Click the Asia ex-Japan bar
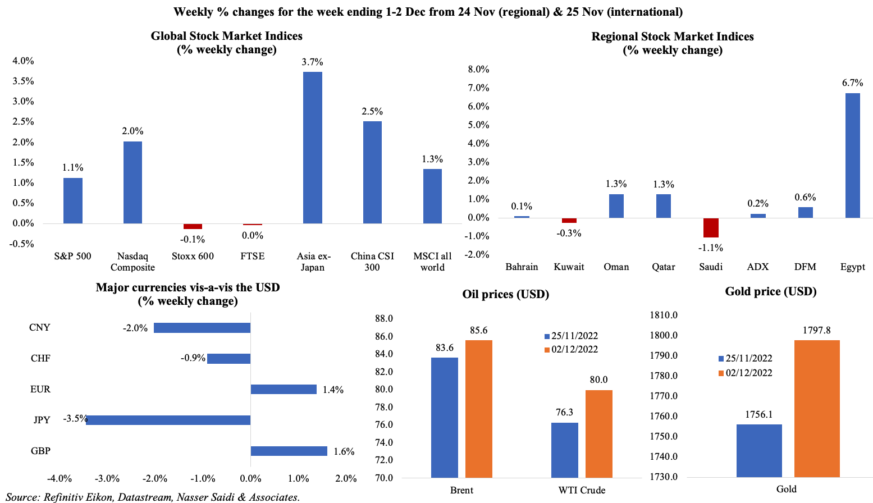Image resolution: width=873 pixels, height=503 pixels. (312, 148)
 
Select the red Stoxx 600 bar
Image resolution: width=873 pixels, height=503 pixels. (193, 226)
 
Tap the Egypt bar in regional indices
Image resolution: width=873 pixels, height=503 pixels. (852, 155)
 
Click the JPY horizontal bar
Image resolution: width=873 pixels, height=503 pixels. (168, 420)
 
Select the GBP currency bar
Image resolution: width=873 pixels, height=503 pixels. (289, 451)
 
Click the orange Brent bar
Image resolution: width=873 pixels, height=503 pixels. (478, 409)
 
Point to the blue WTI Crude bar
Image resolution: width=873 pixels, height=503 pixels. (564, 450)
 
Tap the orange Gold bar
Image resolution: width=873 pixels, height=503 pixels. (817, 408)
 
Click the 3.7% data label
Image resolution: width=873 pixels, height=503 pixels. (312, 62)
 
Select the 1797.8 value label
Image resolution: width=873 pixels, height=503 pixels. (817, 330)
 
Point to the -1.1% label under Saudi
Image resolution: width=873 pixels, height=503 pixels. (710, 248)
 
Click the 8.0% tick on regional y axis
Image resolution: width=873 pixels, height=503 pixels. (478, 70)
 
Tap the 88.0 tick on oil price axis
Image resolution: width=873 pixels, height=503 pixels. (384, 319)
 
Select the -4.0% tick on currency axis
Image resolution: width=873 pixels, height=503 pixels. (60, 479)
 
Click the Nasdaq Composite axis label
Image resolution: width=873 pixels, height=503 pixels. (132, 262)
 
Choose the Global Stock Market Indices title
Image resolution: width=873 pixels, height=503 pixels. (227, 36)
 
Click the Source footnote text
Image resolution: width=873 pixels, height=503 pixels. (153, 497)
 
